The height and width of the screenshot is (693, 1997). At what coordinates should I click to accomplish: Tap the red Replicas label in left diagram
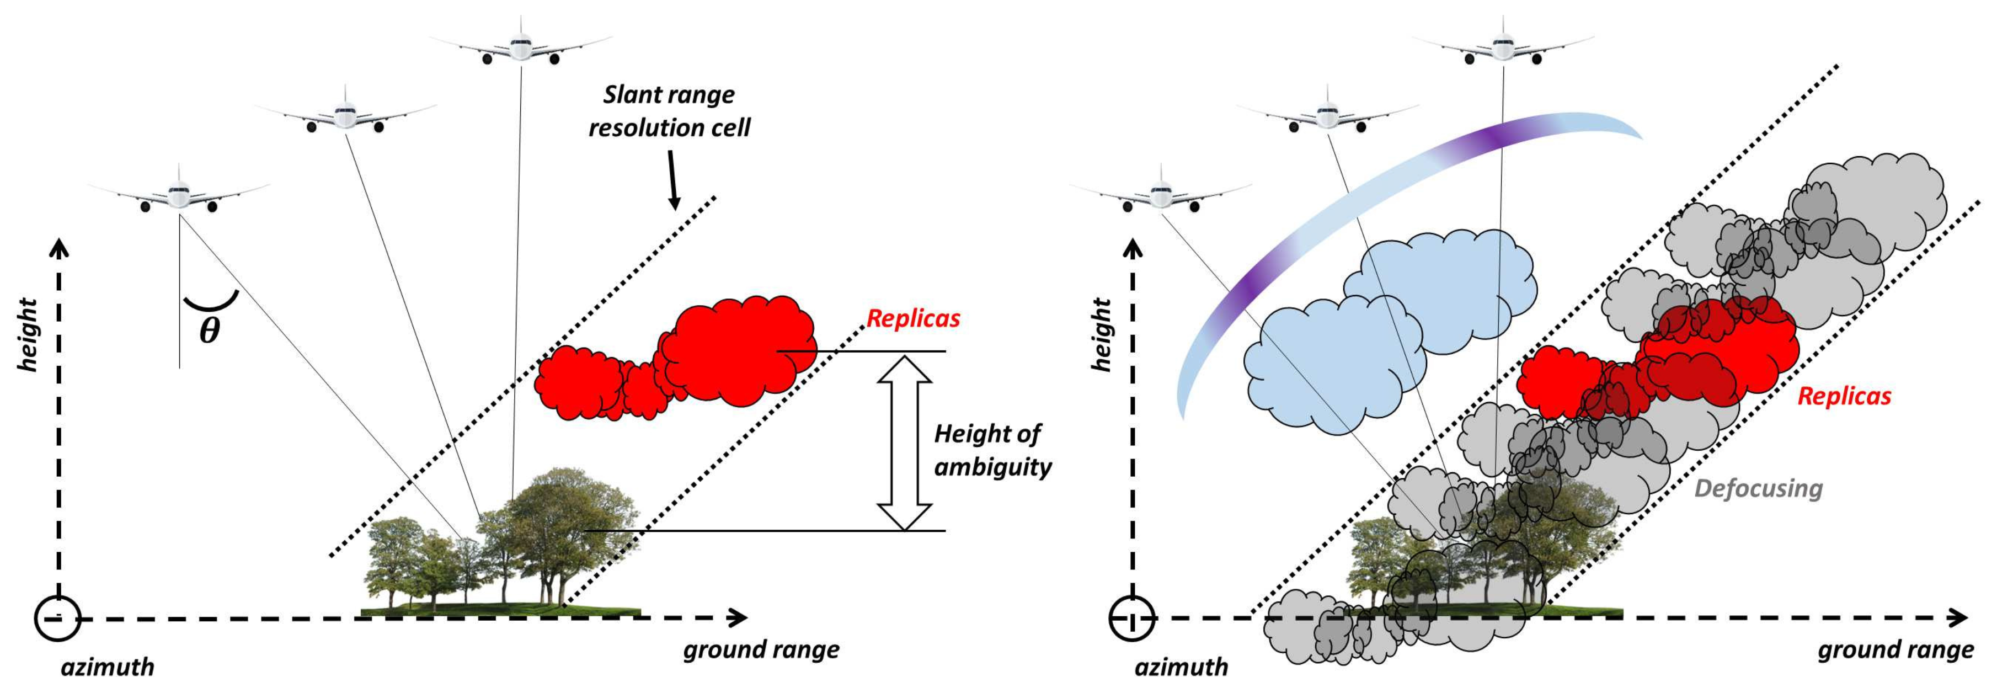[x=912, y=318]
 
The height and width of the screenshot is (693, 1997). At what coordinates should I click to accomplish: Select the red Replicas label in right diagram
[x=1844, y=396]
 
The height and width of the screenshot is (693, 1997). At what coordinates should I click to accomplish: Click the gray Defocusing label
[x=1758, y=488]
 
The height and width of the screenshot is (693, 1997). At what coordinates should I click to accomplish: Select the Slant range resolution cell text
[x=669, y=111]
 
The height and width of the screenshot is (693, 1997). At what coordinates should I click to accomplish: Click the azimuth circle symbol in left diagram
[x=57, y=618]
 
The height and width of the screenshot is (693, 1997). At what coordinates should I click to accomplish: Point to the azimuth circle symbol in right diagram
[x=1131, y=618]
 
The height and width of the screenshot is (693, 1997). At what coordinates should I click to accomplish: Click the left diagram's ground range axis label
[x=761, y=649]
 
